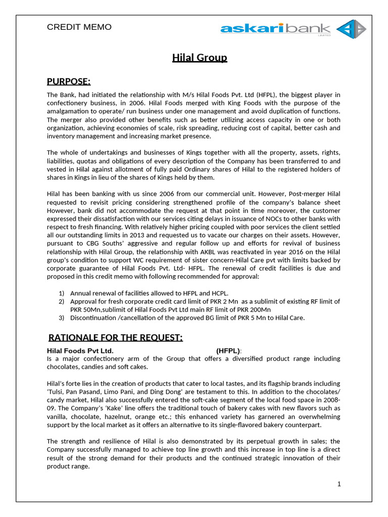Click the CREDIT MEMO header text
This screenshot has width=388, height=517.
pos(79,27)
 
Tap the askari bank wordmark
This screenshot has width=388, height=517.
pos(275,29)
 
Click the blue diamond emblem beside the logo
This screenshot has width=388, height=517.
pos(351,29)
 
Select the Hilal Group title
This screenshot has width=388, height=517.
pos(200,58)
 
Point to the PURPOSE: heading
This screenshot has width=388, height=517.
pos(69,82)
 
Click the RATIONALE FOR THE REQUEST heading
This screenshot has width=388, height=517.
pos(115,337)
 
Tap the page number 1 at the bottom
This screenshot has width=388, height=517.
pos(339,484)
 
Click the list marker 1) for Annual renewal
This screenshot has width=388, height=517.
pos(62,293)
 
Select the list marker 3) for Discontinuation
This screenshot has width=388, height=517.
pos(62,318)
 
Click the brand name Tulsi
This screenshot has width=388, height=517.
pos(56,391)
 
